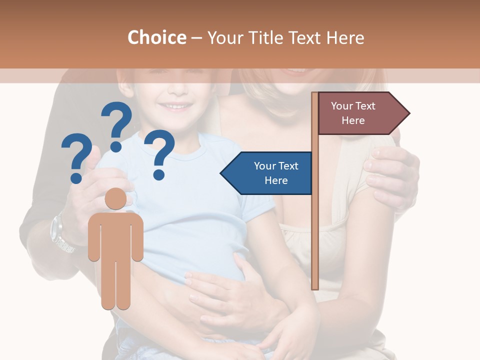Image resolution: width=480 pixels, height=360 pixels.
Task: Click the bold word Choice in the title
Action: [156, 37]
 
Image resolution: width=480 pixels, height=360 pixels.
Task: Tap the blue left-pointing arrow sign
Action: [270, 173]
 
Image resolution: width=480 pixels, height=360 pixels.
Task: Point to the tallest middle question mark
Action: [117, 125]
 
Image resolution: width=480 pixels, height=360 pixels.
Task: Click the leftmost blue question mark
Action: [76, 157]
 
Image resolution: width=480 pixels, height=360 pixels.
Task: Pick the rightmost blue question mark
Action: [159, 153]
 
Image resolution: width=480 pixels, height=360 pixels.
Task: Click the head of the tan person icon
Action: [115, 198]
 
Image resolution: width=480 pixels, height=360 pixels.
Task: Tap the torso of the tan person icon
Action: [115, 235]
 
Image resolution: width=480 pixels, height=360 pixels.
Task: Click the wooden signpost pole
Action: [315, 225]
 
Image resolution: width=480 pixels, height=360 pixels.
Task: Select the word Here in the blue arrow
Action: [276, 180]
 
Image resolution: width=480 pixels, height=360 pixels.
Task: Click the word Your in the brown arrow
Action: [340, 106]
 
